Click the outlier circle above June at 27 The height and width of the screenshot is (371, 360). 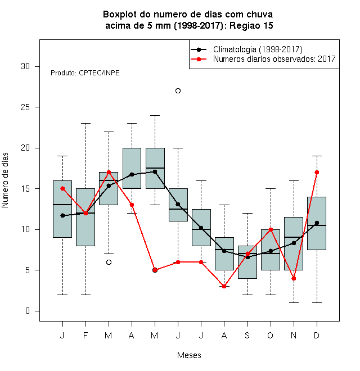[x=178, y=91]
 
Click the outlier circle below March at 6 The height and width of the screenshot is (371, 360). [x=109, y=262]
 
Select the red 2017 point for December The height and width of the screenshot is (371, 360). [x=317, y=172]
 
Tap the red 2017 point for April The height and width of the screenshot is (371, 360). [x=132, y=205]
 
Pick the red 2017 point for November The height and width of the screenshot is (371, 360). [x=294, y=278]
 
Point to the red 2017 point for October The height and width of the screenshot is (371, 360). [x=271, y=229]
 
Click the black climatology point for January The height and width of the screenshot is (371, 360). [x=62, y=215]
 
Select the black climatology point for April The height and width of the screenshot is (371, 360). [x=132, y=175]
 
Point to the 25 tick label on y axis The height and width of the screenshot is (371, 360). [x=25, y=107]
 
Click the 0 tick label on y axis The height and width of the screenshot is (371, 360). [x=28, y=311]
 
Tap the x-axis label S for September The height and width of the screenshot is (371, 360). [x=247, y=335]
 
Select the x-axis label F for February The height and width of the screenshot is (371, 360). [x=85, y=335]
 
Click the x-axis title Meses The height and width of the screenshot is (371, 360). [x=189, y=355]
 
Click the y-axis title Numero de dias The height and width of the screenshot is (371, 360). [x=5, y=180]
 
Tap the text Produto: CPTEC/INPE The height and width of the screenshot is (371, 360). [x=85, y=73]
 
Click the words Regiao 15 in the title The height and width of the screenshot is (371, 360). [x=251, y=25]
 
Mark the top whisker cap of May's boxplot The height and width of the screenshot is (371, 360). [x=155, y=115]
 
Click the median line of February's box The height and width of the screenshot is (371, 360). [x=85, y=213]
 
